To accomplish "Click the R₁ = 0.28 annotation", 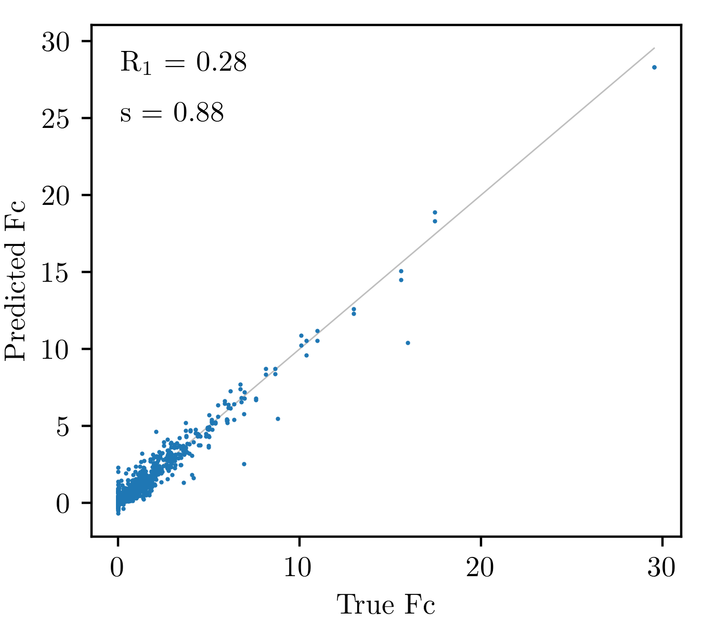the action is [x=183, y=63].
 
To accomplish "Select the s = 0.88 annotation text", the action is [x=172, y=113].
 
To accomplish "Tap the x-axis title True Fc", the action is [x=386, y=605].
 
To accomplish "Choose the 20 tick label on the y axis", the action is [x=56, y=197].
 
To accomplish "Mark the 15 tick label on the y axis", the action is [x=56, y=274].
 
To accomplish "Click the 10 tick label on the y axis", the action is [x=56, y=350].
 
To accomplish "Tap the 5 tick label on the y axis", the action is [x=63, y=427].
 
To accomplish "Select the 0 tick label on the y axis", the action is [x=63, y=504].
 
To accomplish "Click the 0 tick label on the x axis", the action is [x=117, y=567].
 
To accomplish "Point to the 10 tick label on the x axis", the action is [x=297, y=567].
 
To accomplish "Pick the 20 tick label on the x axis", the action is [x=480, y=567].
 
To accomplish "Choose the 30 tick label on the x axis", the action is [x=661, y=567].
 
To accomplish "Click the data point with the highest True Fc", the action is [x=654, y=67].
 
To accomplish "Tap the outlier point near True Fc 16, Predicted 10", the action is [x=408, y=343].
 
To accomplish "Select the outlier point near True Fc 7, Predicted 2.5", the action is [x=244, y=464].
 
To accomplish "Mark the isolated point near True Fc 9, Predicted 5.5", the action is [x=278, y=419].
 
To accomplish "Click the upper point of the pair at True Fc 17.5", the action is [x=435, y=212].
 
